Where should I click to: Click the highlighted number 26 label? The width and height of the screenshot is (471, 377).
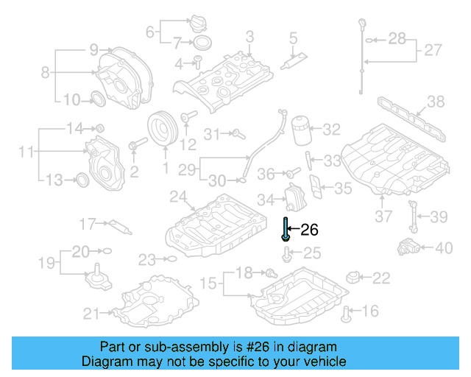tap(310, 230)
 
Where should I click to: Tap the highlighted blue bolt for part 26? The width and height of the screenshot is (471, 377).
tap(285, 230)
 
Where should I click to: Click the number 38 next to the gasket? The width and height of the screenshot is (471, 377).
tap(436, 102)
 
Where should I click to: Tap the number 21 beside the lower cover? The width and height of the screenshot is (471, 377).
tap(91, 314)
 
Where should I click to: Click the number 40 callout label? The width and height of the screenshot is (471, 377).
tap(444, 248)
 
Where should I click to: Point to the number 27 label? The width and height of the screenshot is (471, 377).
tap(432, 50)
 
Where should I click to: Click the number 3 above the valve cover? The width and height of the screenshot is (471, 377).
tap(250, 36)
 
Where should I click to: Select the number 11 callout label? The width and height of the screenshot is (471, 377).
tap(27, 152)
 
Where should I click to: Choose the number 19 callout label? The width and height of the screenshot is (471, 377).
tap(45, 262)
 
